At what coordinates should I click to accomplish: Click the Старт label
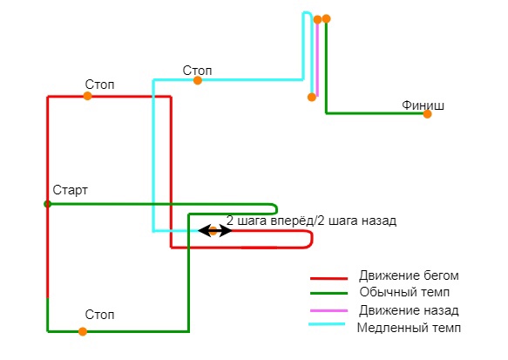(x=70, y=190)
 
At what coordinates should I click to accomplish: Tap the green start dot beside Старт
(x=48, y=204)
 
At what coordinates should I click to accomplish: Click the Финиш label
(x=423, y=105)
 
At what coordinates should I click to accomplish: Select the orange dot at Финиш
(x=427, y=113)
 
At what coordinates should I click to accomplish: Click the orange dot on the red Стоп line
(x=87, y=96)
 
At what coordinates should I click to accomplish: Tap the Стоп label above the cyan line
(x=197, y=71)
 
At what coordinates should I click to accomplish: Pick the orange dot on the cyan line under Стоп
(x=198, y=80)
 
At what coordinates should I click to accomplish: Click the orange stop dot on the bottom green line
(x=83, y=331)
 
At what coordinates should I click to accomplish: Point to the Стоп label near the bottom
(x=100, y=315)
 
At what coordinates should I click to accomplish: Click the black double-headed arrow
(x=215, y=231)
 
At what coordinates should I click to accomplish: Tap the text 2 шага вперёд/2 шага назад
(x=311, y=221)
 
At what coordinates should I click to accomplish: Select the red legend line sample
(x=329, y=278)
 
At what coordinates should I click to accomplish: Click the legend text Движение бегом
(x=409, y=275)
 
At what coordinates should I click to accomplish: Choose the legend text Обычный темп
(x=404, y=292)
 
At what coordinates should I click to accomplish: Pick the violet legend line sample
(x=329, y=310)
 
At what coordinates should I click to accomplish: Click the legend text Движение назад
(x=409, y=310)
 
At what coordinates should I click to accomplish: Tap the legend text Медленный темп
(x=409, y=328)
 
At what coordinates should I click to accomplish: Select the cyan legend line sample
(x=327, y=323)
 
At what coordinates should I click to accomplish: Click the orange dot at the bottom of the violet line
(x=312, y=97)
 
